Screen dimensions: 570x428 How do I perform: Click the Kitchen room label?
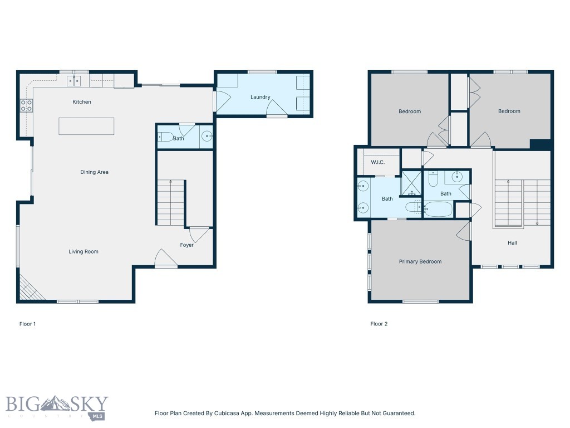point(82,102)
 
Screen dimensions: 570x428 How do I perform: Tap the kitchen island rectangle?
point(86,126)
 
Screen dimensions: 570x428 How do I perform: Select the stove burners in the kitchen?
point(26,105)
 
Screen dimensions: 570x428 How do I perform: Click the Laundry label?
point(261,97)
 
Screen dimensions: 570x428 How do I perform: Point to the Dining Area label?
point(94,172)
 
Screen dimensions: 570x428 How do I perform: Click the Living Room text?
point(83,251)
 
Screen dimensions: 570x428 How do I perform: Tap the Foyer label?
point(187,245)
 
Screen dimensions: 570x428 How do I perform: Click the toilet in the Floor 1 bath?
point(165,137)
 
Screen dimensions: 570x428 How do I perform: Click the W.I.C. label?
point(378,162)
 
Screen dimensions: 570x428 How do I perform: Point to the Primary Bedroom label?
point(420,261)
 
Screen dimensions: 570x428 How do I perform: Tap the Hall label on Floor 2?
point(512,243)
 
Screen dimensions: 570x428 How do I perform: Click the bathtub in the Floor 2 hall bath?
point(438,210)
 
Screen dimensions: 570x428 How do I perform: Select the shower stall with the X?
point(411,183)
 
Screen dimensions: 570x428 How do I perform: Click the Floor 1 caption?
point(28,324)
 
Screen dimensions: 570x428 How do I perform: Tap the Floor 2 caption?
point(379,324)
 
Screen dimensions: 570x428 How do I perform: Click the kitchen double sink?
point(74,81)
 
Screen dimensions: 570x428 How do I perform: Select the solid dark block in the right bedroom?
point(540,144)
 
